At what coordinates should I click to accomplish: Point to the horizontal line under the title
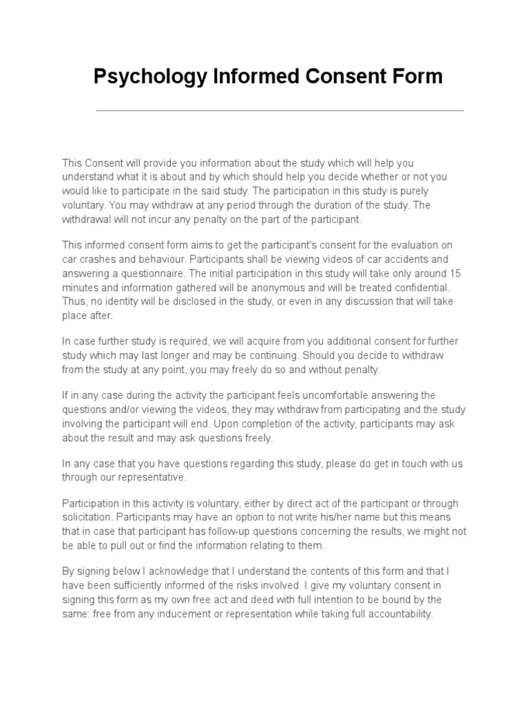(279, 110)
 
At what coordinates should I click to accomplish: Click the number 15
(455, 273)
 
